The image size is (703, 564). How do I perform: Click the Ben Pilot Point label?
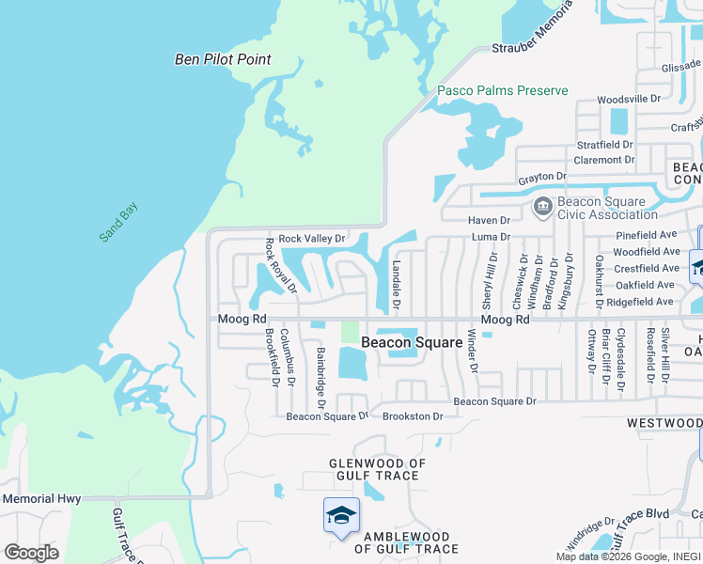click(x=223, y=59)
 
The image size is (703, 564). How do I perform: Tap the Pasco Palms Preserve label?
click(x=503, y=90)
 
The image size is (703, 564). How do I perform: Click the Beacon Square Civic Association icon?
click(x=542, y=206)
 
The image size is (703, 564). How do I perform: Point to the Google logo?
click(x=31, y=553)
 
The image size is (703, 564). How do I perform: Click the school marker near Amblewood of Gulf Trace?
click(x=341, y=514)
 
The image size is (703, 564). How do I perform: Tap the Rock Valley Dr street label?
click(x=312, y=239)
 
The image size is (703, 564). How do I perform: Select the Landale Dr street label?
click(x=396, y=286)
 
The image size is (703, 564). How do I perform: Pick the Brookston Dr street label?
click(x=413, y=415)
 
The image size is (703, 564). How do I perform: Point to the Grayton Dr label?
click(x=542, y=177)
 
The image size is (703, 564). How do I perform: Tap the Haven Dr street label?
click(x=489, y=220)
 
